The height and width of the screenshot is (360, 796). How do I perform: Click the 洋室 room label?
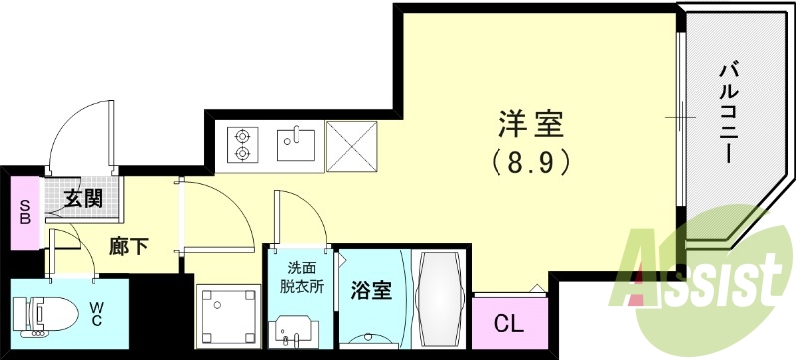coord(530,125)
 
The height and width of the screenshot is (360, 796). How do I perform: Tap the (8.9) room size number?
coord(530,159)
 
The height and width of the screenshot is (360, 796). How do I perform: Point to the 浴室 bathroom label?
coord(370,292)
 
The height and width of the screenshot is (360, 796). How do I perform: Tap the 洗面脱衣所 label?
coord(299,276)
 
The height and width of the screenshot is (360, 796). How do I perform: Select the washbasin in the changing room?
coord(297,328)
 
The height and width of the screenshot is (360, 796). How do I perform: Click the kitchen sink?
coord(296,144)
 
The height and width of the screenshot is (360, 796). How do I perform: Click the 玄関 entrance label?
coord(85,197)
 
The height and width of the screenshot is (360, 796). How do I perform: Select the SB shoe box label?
coord(24,211)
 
